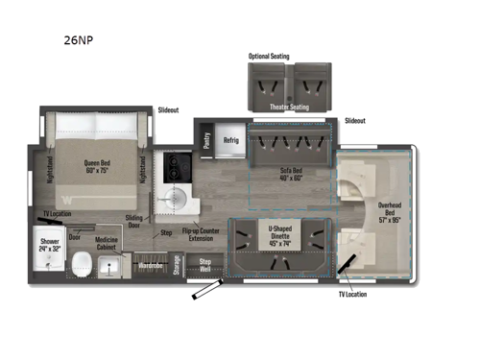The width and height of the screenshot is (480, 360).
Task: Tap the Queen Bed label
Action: [x=97, y=165]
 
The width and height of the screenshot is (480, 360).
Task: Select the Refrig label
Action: [x=230, y=138]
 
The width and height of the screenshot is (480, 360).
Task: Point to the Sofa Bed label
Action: [x=292, y=174]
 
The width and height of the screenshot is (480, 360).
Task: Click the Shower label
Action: [x=50, y=244]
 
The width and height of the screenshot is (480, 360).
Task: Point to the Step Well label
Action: [x=204, y=264]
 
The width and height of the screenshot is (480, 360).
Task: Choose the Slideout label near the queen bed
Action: [x=169, y=110]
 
